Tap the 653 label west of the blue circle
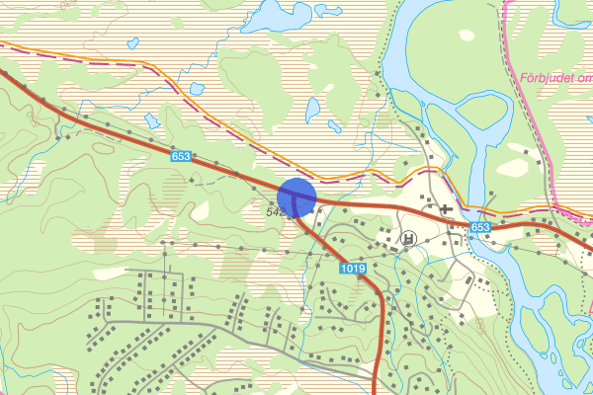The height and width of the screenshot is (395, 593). (180, 156)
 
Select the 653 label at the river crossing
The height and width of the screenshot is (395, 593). (480, 227)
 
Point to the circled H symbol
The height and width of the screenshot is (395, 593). (409, 238)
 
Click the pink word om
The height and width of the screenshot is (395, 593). (583, 77)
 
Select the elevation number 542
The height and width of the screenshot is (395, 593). (276, 211)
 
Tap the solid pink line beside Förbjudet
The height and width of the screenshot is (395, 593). (514, 59)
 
